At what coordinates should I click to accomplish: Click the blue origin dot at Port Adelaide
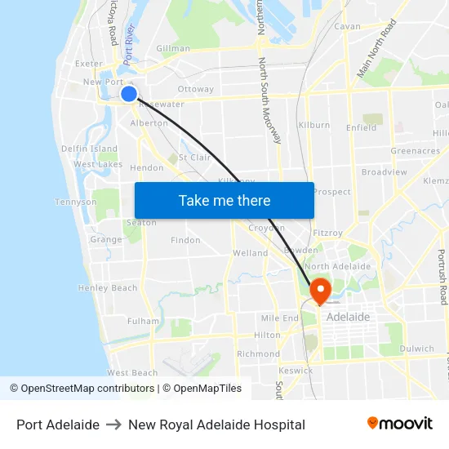pos(128,94)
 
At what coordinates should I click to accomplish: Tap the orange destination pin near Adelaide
pos(319,289)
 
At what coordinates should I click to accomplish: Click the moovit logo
pos(399,424)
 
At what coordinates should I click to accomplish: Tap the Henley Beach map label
pos(108,288)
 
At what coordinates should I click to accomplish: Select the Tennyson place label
pos(76,202)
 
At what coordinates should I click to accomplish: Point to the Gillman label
pos(173,49)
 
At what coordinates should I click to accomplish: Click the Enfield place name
pos(362,127)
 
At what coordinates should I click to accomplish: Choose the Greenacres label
pos(416,151)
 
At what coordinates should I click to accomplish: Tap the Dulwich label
pos(417,349)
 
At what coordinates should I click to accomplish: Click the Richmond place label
pos(258,354)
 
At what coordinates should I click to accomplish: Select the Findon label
pos(185,240)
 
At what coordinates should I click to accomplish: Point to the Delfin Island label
pos(90,149)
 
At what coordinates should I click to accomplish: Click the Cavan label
pos(347,27)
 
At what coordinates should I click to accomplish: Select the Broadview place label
pos(384,172)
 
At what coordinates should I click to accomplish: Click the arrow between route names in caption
pos(113,425)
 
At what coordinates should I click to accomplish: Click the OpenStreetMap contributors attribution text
pos(84,389)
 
